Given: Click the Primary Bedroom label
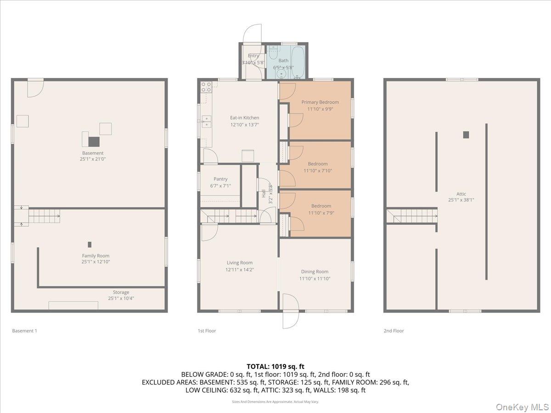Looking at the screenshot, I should (320, 102).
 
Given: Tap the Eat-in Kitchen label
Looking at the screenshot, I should (244, 118).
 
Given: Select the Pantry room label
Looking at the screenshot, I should (220, 179).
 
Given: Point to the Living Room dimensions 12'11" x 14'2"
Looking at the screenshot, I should (240, 270).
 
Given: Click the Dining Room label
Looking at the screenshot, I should (315, 272).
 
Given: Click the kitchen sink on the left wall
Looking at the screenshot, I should (206, 122).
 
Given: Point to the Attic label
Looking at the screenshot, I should (461, 194).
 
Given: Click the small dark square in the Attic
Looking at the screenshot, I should (466, 134).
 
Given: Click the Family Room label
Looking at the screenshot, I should (96, 256).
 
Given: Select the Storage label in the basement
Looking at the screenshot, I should (121, 292).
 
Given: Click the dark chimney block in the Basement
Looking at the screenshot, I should (94, 141).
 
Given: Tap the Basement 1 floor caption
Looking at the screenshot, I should (24, 331).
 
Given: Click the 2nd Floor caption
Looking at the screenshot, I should (394, 331).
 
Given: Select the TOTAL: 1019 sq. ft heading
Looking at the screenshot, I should (275, 366).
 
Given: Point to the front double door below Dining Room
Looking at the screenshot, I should (290, 311).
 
